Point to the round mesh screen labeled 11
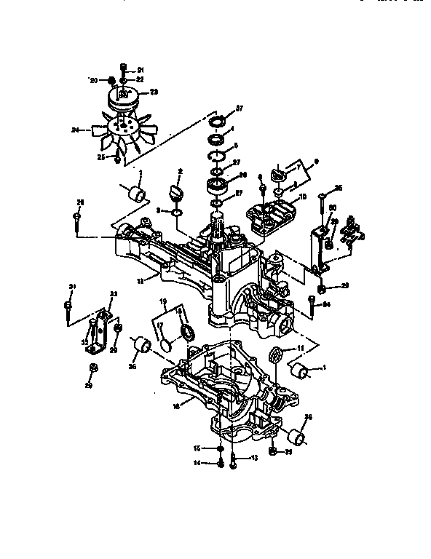(x=275, y=357)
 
